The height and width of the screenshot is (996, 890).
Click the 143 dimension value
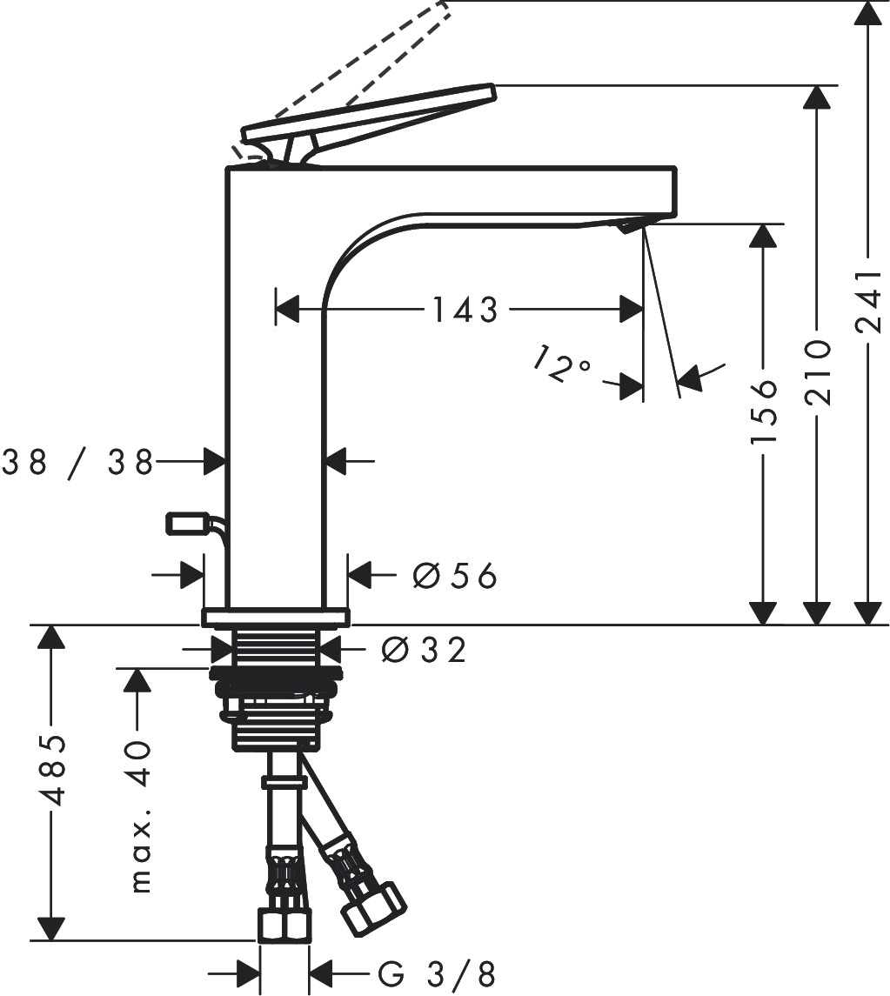[x=465, y=310]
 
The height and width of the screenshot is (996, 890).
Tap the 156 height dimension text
[x=763, y=410]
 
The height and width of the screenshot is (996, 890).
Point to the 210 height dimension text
[x=817, y=372]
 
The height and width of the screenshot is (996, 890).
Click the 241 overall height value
[x=868, y=302]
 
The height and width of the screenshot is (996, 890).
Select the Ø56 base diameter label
[x=453, y=575]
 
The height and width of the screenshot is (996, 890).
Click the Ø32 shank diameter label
[x=424, y=649]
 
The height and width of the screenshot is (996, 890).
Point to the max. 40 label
[x=139, y=818]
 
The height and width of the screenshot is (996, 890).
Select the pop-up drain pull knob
[x=185, y=524]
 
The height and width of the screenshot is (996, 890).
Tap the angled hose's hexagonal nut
[x=372, y=908]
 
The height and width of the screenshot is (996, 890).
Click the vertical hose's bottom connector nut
[x=284, y=925]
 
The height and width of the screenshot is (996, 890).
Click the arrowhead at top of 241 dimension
[x=867, y=13]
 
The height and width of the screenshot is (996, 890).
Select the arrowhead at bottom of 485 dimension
[x=51, y=928]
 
